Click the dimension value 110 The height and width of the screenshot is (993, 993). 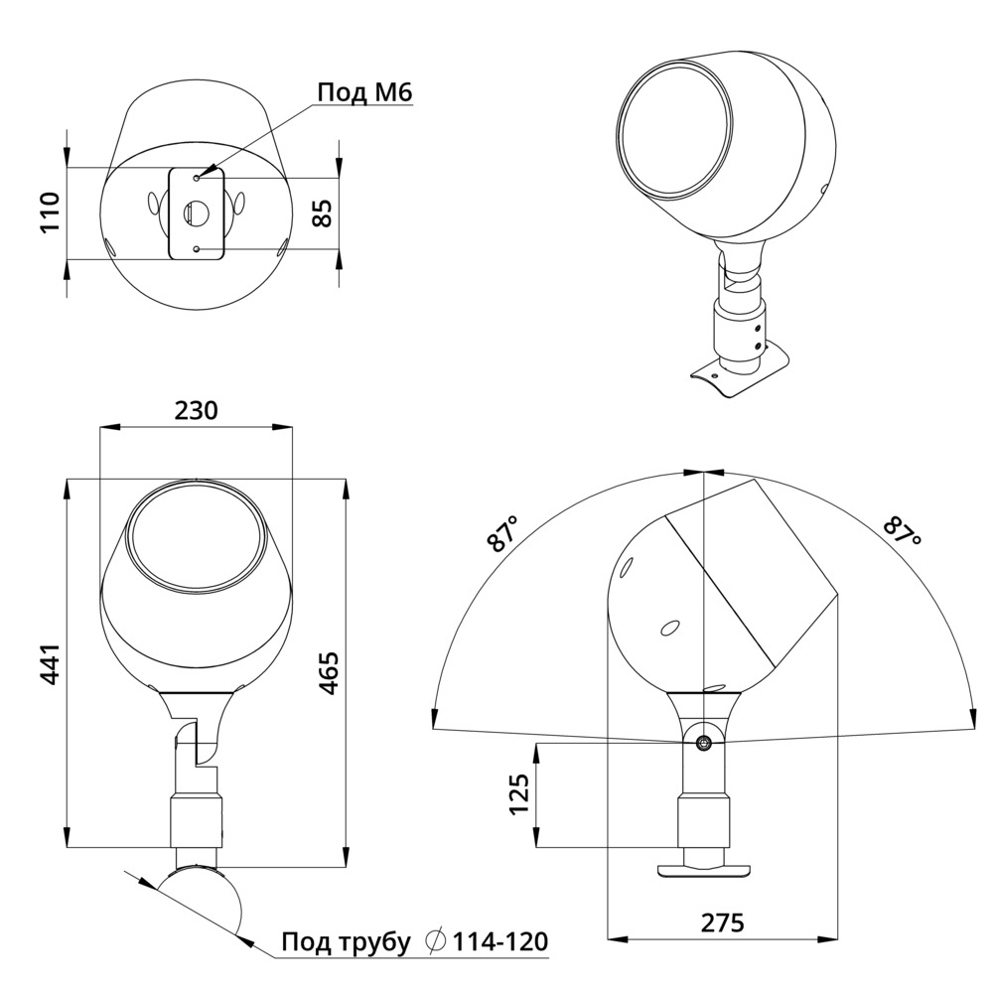pos(50,213)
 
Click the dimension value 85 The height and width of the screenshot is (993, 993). pos(323,213)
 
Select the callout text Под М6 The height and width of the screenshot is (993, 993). pos(364,92)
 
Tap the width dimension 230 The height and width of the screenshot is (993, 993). pos(197,410)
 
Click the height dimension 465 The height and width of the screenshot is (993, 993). pos(329,672)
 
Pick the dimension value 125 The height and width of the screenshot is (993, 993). pos(518,794)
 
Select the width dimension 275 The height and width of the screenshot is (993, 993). pos(723,922)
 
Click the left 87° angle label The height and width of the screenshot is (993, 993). pos(502,534)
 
